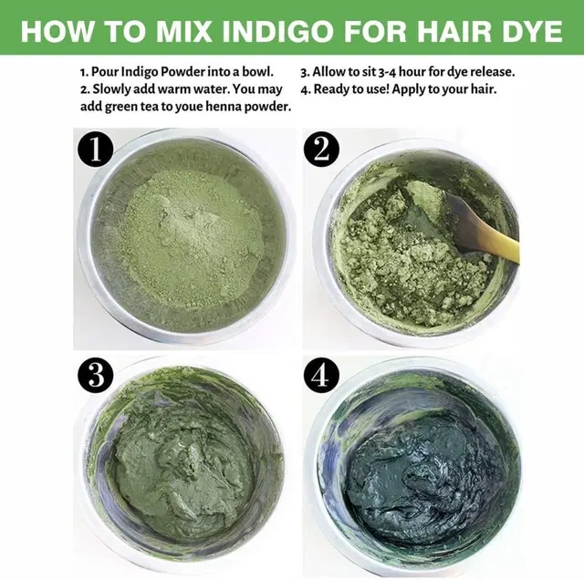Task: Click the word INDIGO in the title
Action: point(277,30)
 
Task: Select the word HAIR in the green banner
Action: point(445,30)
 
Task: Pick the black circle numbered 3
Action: point(95,375)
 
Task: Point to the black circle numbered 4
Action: point(321,375)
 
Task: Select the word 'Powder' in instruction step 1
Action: point(184,71)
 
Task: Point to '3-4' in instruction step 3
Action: point(387,72)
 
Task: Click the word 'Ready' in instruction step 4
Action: point(331,89)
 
